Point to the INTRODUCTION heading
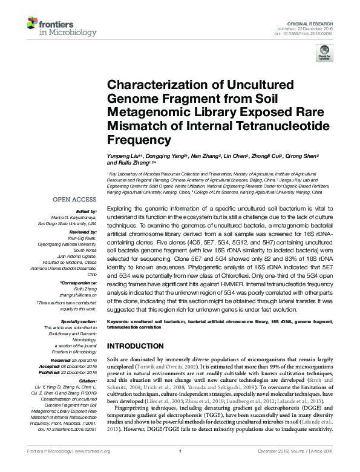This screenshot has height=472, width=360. pyautogui.click(x=137, y=346)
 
